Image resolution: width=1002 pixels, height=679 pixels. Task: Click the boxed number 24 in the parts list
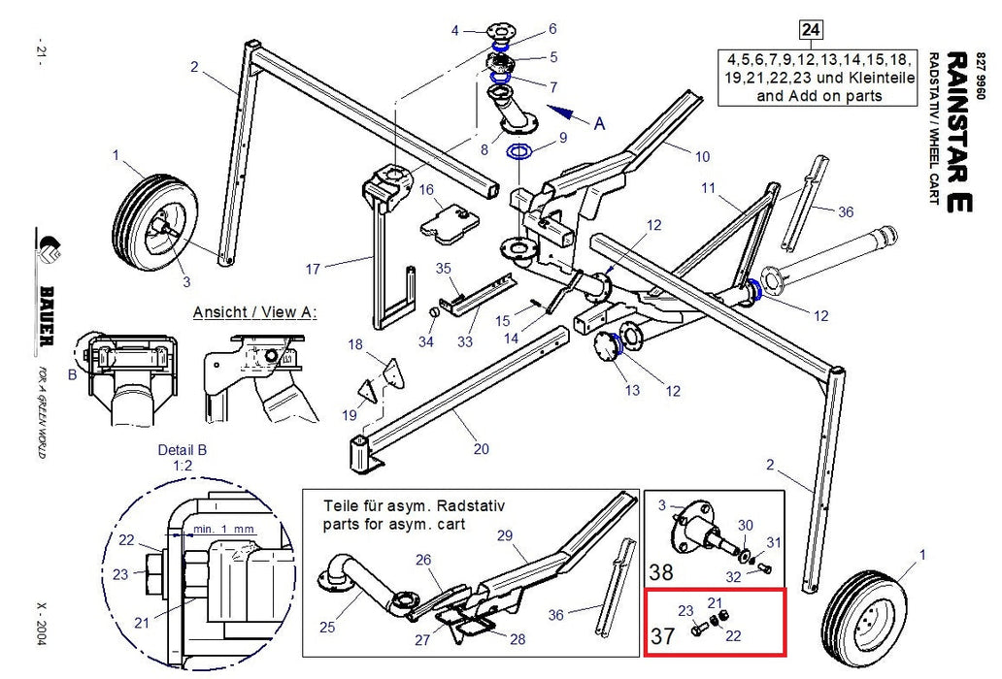[x=812, y=29]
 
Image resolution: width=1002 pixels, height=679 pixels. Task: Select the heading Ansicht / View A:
[x=255, y=312]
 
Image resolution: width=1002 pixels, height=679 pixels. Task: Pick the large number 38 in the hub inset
[x=660, y=571]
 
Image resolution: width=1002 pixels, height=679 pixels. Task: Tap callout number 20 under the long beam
[x=482, y=449]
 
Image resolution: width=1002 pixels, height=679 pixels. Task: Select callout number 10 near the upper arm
[x=703, y=156]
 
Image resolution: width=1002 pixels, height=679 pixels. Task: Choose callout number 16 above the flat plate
[x=425, y=189]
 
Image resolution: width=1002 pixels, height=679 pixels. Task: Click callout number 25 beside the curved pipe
[x=327, y=628]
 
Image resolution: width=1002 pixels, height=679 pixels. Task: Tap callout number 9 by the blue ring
[x=562, y=139]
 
